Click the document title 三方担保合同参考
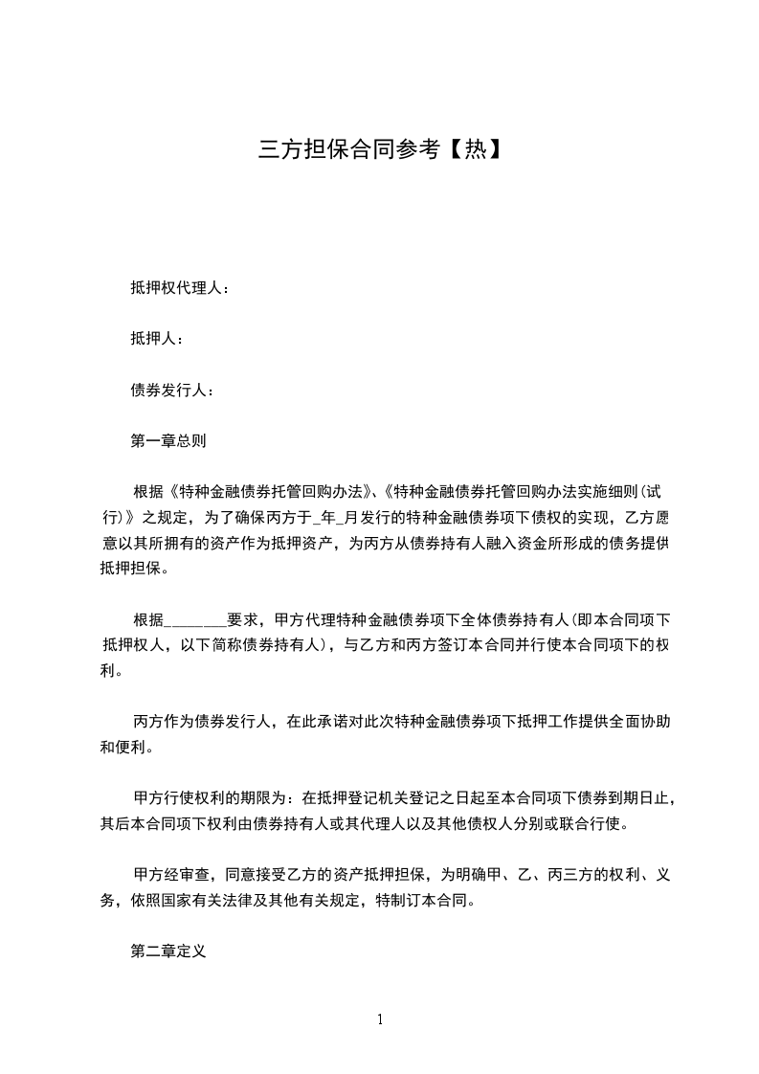pos(348,149)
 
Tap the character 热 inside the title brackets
pos(475,149)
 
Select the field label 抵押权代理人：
pos(180,287)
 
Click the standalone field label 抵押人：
pos(157,338)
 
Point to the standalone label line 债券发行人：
pos(172,390)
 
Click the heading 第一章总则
pos(168,441)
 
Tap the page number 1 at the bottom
pos(380,1019)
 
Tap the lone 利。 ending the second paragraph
pos(111,671)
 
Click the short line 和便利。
pos(126,748)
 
